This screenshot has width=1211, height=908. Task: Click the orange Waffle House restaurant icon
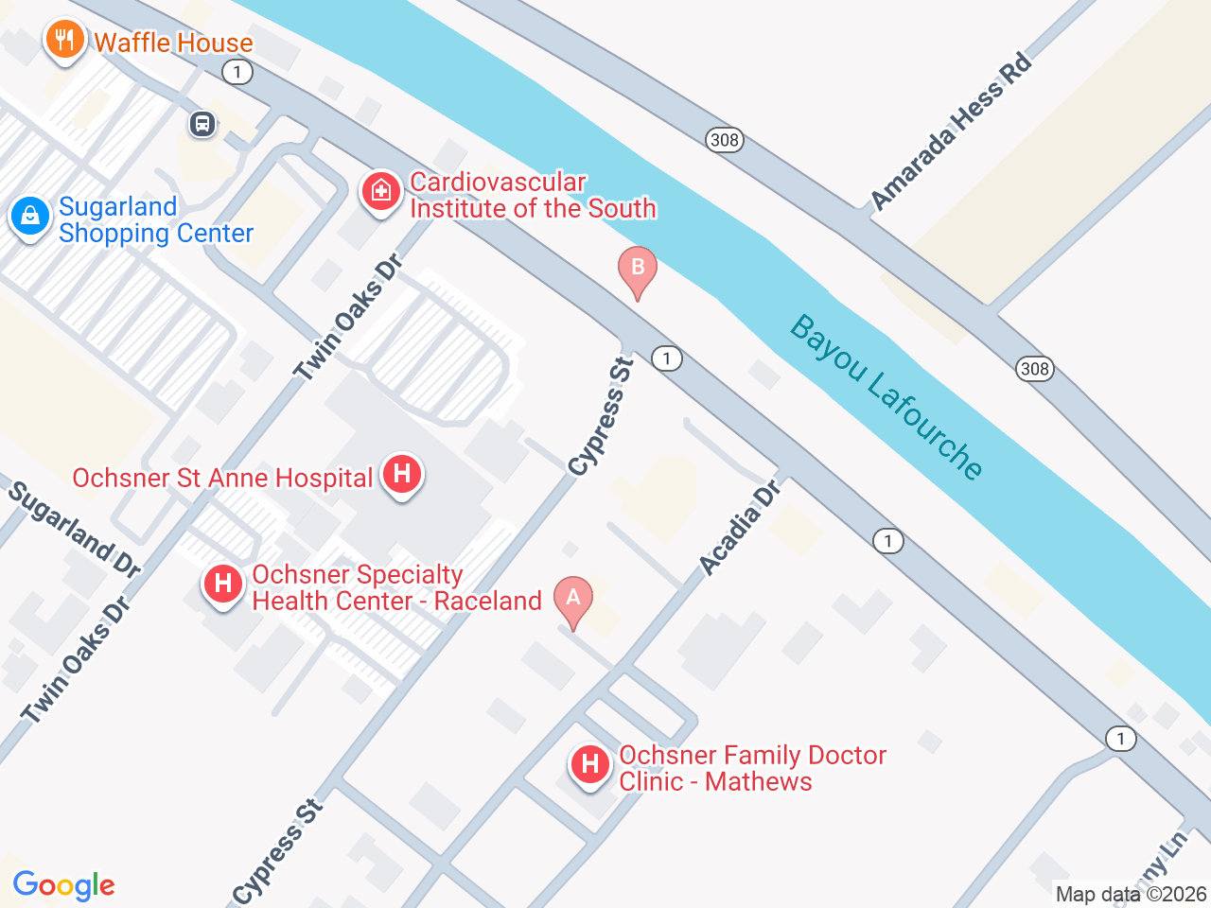[x=64, y=40]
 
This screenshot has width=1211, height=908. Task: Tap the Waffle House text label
[x=174, y=43]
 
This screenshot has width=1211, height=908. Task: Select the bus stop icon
[x=202, y=124]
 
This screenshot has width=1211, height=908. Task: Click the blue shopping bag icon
[x=30, y=217]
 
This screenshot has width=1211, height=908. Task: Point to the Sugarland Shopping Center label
[x=155, y=220]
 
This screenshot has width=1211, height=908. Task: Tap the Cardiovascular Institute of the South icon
[x=380, y=192]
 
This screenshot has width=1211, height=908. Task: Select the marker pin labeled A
[x=572, y=600]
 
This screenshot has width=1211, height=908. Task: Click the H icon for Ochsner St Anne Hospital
[x=402, y=474]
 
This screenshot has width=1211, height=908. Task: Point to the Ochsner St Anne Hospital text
[x=222, y=479]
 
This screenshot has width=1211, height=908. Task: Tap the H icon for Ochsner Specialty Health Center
[x=223, y=584]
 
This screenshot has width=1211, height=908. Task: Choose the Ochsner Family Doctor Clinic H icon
[x=590, y=764]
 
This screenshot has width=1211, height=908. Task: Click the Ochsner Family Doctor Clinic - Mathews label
[x=752, y=768]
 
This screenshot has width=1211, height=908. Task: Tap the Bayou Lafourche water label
[x=886, y=397]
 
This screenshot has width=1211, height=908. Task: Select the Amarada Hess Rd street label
[x=951, y=131]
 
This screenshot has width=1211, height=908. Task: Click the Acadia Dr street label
[x=740, y=528]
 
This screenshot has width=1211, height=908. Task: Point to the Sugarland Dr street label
[x=75, y=529]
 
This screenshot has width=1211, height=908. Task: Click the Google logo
[x=63, y=885]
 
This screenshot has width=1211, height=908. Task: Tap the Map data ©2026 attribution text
[x=1131, y=894]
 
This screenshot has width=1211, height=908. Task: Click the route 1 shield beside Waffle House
[x=237, y=72]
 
